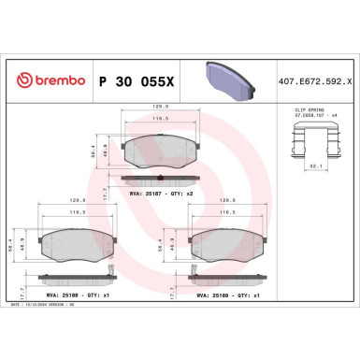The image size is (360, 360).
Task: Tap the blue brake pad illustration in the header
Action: tap(230, 74)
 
